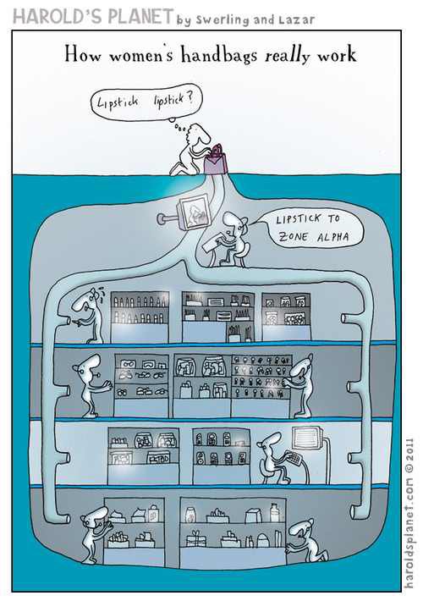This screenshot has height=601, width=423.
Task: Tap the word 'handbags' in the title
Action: (219, 54)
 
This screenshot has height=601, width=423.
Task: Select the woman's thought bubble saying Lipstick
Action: (146, 102)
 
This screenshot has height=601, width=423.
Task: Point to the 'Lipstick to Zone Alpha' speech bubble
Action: (311, 229)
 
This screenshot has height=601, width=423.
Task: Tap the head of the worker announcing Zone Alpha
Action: (235, 223)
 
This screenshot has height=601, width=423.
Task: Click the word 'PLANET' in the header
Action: (140, 17)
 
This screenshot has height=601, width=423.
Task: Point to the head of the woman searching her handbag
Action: (198, 134)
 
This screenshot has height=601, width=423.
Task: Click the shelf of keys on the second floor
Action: (261, 376)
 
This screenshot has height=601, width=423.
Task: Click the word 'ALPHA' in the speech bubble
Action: (332, 236)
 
